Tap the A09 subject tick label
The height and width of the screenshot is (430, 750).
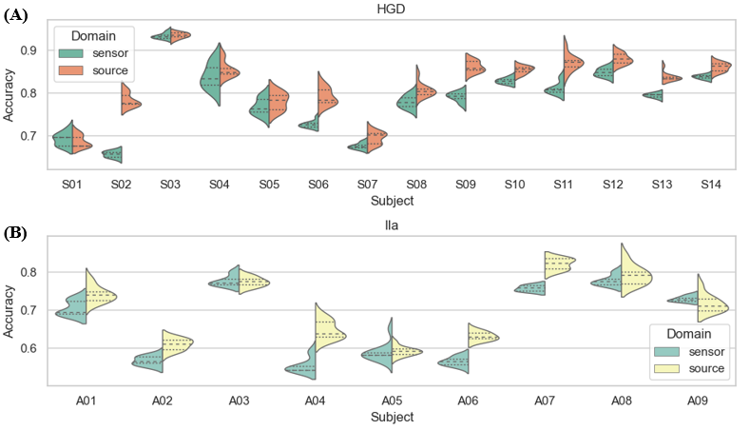pos(699,401)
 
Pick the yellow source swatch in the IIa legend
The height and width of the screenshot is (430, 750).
pos(669,368)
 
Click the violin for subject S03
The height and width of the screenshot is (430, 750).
pos(171,36)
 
